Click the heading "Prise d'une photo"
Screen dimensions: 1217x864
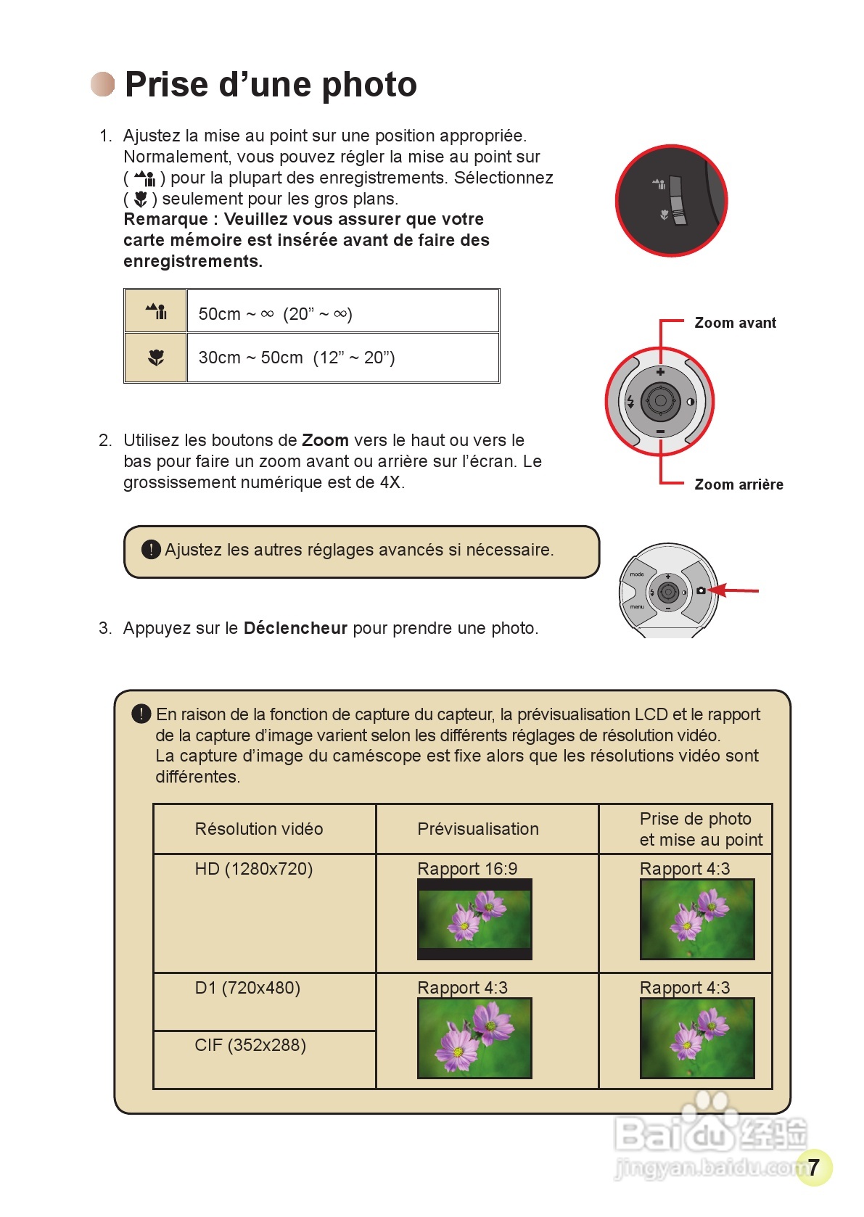pyautogui.click(x=271, y=85)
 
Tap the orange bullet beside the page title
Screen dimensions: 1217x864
pyautogui.click(x=102, y=84)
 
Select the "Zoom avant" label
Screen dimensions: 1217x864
pyautogui.click(x=735, y=323)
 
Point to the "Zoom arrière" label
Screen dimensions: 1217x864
pyautogui.click(x=738, y=484)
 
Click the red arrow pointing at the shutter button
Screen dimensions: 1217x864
pyautogui.click(x=734, y=590)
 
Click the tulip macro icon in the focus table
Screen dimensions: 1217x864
pyautogui.click(x=156, y=358)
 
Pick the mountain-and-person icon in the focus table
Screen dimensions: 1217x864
pyautogui.click(x=156, y=312)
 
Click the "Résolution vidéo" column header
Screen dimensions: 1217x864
pyautogui.click(x=259, y=829)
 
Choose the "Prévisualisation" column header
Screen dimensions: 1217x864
pyautogui.click(x=478, y=829)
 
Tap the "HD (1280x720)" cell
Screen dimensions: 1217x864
pyautogui.click(x=254, y=869)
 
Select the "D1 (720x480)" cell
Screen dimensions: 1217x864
pyautogui.click(x=247, y=988)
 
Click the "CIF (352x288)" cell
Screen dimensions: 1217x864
pyautogui.click(x=250, y=1045)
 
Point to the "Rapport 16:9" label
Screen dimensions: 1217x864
pyautogui.click(x=467, y=869)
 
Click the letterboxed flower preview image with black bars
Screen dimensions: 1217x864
pyautogui.click(x=474, y=920)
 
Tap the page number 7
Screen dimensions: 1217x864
pyautogui.click(x=814, y=1167)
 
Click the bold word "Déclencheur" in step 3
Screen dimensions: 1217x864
pyautogui.click(x=295, y=628)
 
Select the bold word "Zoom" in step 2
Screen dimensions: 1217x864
pyautogui.click(x=325, y=440)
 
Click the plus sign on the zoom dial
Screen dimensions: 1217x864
pyautogui.click(x=660, y=372)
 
